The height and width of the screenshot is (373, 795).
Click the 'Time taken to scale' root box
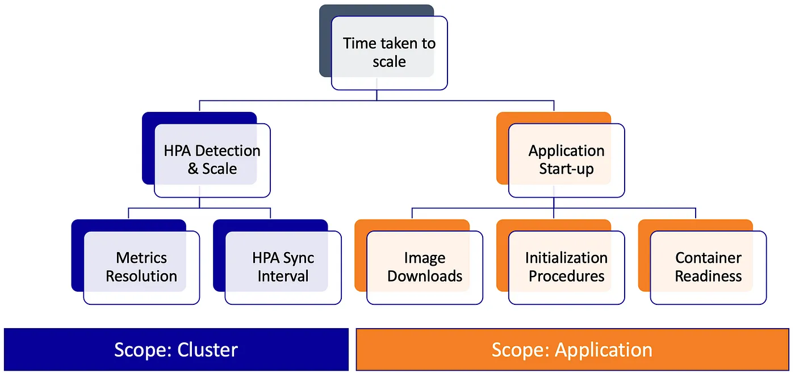pyautogui.click(x=389, y=52)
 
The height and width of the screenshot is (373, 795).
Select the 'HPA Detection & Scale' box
pyautogui.click(x=212, y=160)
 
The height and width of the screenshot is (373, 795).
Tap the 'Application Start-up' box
pyautogui.click(x=566, y=160)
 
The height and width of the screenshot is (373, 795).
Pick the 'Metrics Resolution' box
pyautogui.click(x=141, y=267)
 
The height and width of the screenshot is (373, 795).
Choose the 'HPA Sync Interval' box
pyautogui.click(x=283, y=267)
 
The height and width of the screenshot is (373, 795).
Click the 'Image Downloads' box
pyautogui.click(x=425, y=267)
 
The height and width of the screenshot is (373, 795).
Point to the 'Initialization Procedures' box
pyautogui.click(x=566, y=267)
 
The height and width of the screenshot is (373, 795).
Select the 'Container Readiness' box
pyautogui.click(x=708, y=267)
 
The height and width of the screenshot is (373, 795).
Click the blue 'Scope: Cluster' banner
pyautogui.click(x=176, y=349)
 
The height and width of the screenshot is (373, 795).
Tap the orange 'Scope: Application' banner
pyautogui.click(x=572, y=349)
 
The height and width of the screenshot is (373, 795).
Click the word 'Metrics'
pyautogui.click(x=141, y=258)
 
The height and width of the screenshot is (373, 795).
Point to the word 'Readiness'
pyautogui.click(x=708, y=276)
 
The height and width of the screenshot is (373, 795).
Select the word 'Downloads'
pyautogui.click(x=425, y=276)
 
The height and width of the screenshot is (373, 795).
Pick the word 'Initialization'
pyautogui.click(x=566, y=258)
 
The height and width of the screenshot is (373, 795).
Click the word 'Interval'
pyautogui.click(x=283, y=276)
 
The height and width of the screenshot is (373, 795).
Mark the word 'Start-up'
pyautogui.click(x=566, y=169)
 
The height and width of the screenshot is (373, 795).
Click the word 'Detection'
pyautogui.click(x=227, y=151)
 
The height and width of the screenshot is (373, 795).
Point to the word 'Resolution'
pyautogui.click(x=141, y=276)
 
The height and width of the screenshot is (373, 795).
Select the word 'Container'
pyautogui.click(x=708, y=258)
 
